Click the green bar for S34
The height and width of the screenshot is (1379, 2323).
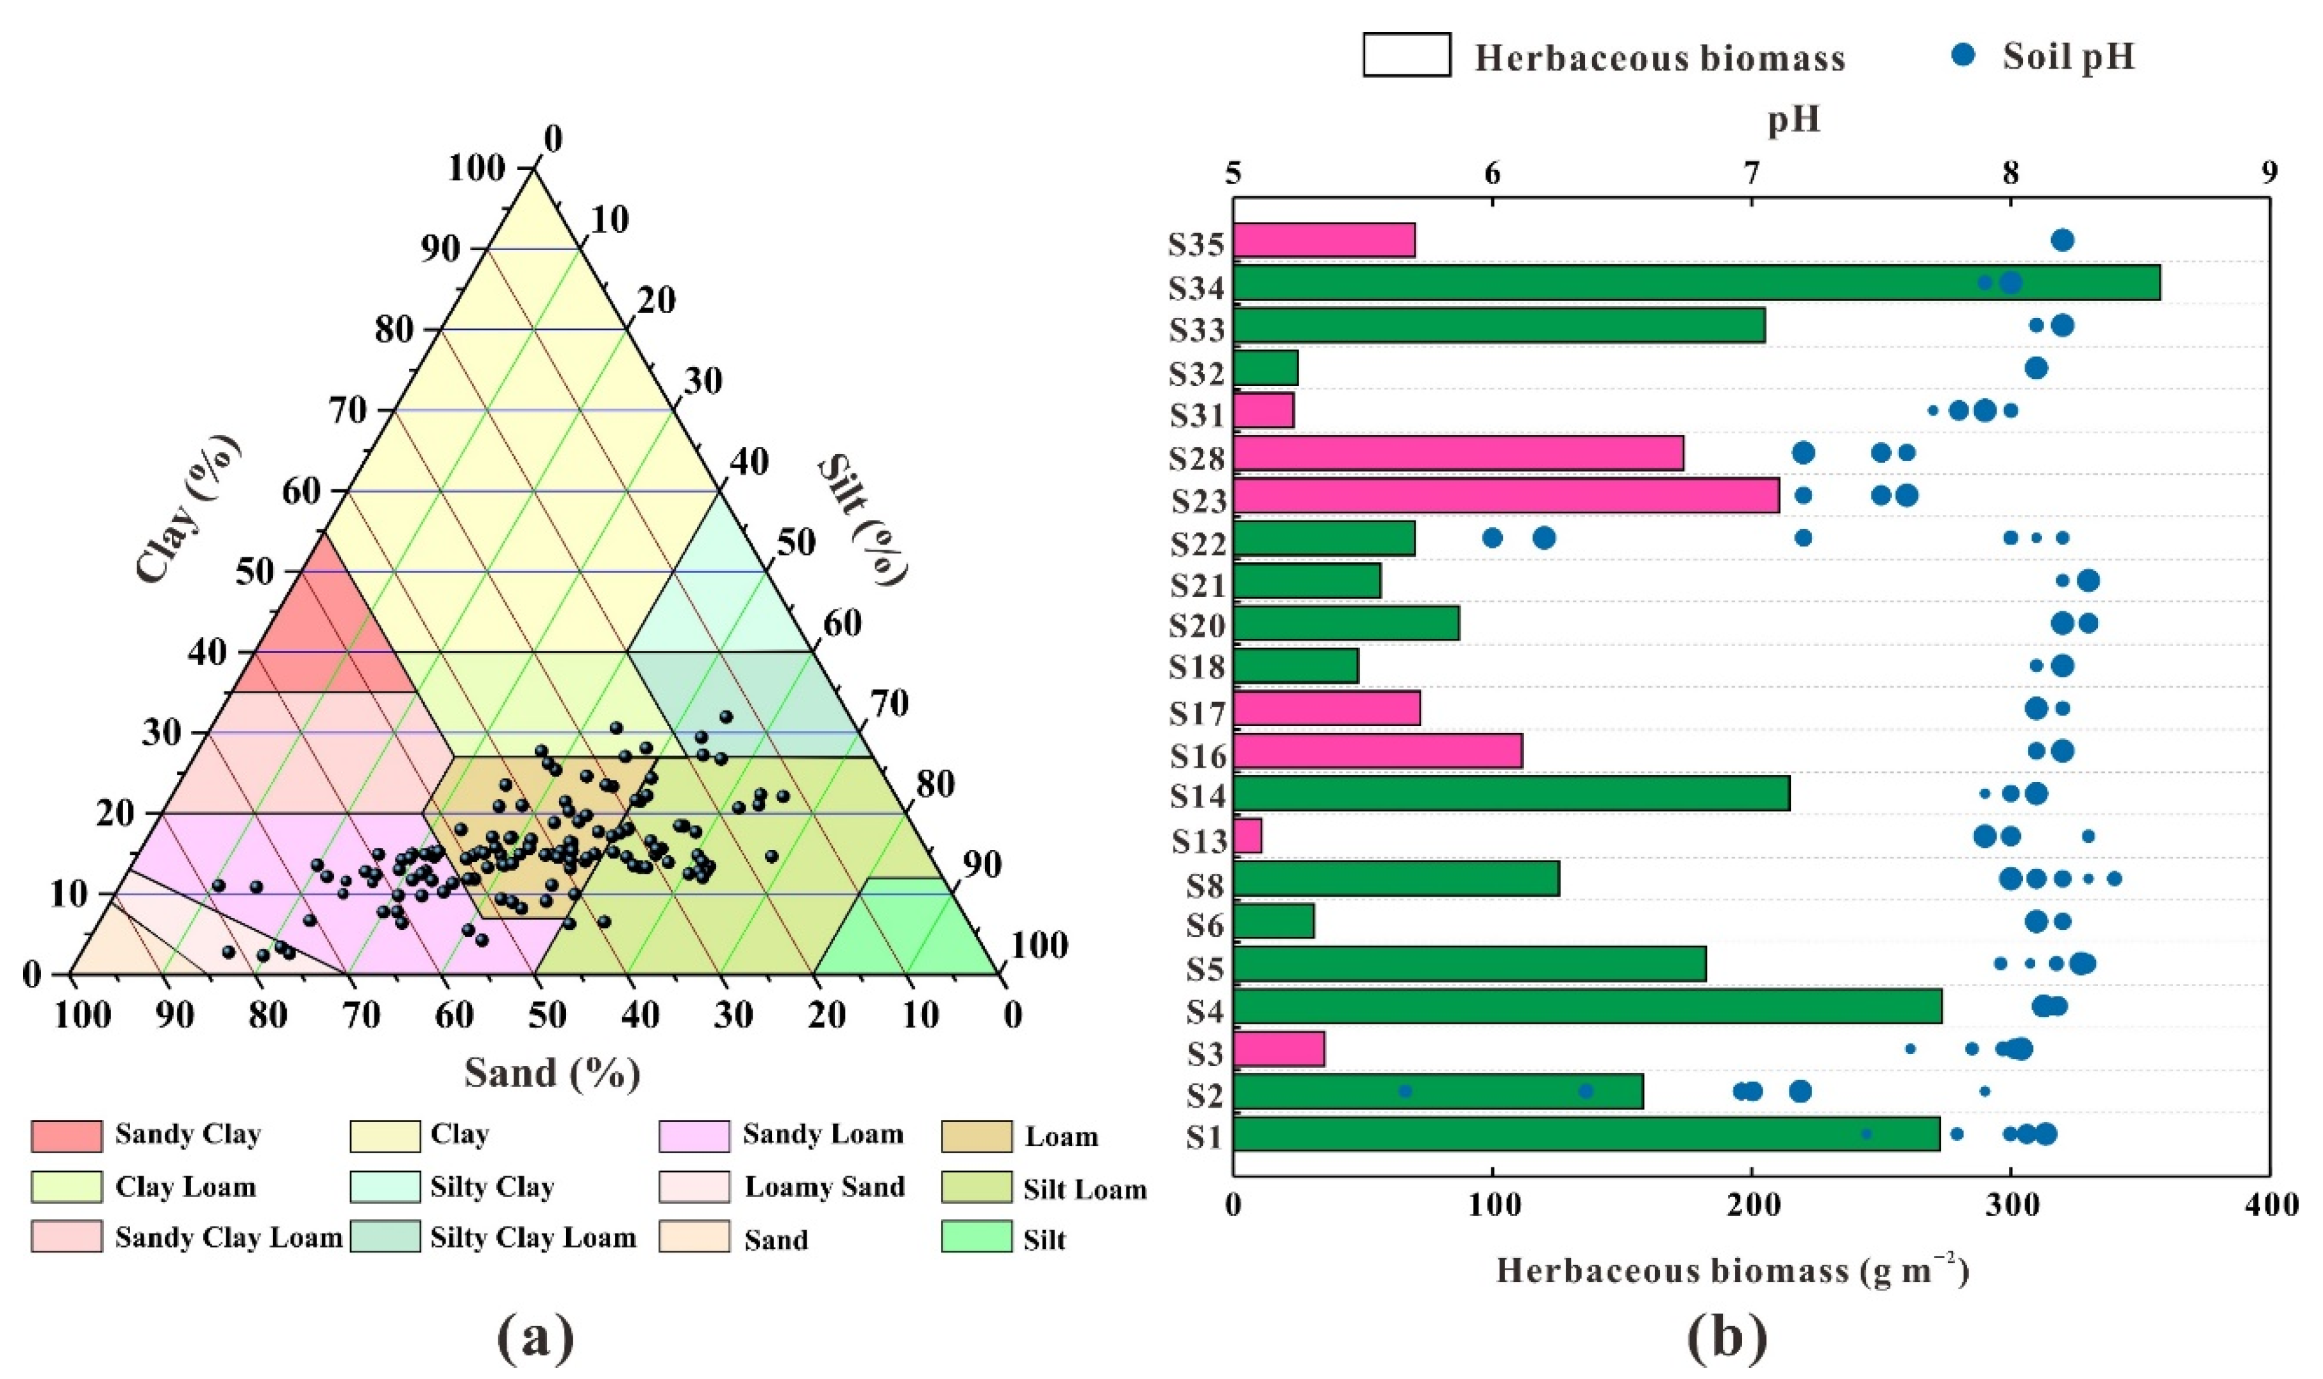1695,282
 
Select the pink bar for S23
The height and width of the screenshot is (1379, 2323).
1505,495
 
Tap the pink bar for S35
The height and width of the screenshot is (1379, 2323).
1323,241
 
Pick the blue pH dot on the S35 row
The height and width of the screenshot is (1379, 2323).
2062,241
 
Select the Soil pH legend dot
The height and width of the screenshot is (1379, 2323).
1963,56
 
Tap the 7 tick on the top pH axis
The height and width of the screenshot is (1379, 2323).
1752,174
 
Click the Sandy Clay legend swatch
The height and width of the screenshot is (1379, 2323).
66,1135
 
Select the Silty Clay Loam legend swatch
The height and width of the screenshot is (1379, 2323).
385,1238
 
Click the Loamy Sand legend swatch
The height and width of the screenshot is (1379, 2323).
694,1188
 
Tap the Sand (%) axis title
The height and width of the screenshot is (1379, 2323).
553,1073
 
